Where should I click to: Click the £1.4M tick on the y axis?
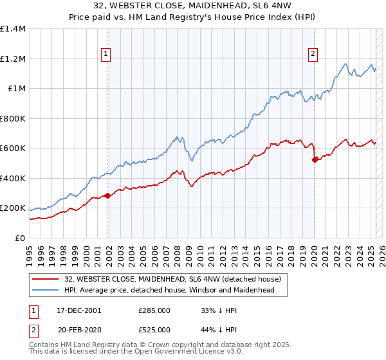click(x=13, y=29)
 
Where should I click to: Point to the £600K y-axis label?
click(x=13, y=148)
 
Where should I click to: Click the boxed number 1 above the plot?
click(x=106, y=55)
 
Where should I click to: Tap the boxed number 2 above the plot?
click(x=313, y=55)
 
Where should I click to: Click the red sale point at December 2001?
click(x=108, y=195)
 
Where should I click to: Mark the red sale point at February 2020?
click(x=315, y=159)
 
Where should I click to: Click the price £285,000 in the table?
click(x=154, y=310)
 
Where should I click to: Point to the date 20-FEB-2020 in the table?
click(x=78, y=330)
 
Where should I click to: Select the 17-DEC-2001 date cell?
click(x=78, y=310)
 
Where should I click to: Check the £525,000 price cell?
click(x=154, y=330)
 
